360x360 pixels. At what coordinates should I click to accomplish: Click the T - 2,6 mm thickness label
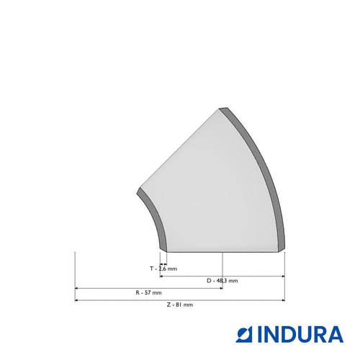pyautogui.click(x=163, y=269)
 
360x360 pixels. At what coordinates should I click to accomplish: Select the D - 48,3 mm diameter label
pyautogui.click(x=222, y=281)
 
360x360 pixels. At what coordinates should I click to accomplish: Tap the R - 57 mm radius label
pyautogui.click(x=148, y=292)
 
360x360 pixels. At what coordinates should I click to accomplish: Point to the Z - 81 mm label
pyautogui.click(x=180, y=305)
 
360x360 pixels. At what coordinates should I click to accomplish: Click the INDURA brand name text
pyautogui.click(x=301, y=334)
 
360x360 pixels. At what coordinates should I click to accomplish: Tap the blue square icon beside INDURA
pyautogui.click(x=244, y=335)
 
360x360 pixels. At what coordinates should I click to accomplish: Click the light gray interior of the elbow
pyautogui.click(x=216, y=192)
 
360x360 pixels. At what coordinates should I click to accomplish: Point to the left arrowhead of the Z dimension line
pyautogui.click(x=76, y=300)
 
